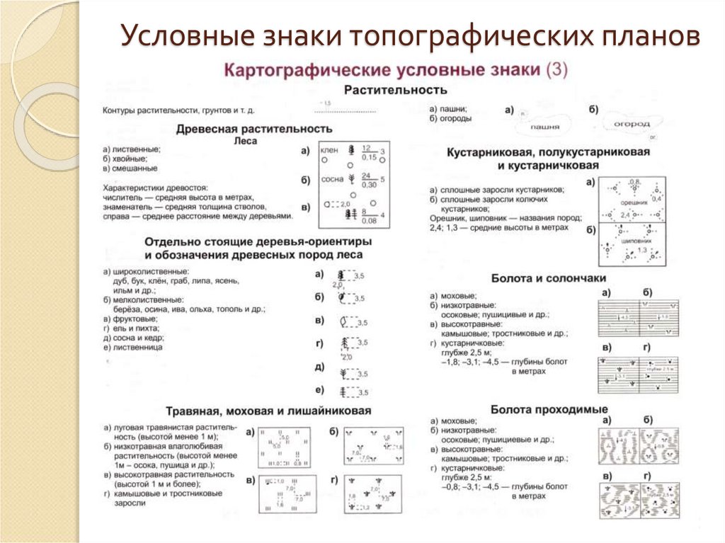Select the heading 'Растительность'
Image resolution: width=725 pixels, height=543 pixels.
point(394,90)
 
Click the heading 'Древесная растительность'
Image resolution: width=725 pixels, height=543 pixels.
point(254,129)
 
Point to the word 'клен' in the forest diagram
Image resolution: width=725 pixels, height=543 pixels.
point(329,151)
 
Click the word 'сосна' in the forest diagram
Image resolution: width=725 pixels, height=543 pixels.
point(331,179)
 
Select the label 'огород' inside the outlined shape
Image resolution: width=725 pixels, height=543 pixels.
point(632,124)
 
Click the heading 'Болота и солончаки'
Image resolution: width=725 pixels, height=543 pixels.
point(547,279)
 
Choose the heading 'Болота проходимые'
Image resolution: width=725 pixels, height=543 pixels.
point(549,409)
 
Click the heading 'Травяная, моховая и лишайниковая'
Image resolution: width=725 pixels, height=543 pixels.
point(268,411)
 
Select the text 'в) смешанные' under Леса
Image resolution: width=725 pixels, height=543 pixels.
point(130,168)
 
